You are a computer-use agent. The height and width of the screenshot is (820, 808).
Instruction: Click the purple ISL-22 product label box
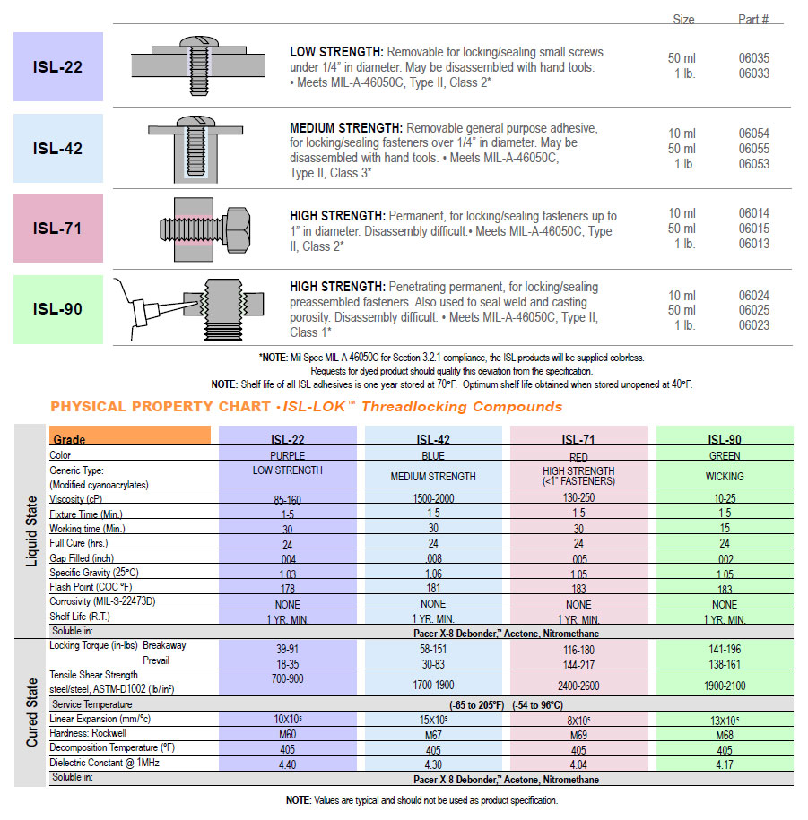tap(58, 66)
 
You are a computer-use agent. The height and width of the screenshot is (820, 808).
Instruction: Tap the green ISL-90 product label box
tap(58, 309)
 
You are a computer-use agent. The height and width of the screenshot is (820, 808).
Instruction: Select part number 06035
tap(753, 58)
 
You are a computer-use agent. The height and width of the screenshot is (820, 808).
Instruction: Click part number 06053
tap(753, 164)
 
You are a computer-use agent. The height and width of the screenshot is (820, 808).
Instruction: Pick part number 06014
tap(753, 213)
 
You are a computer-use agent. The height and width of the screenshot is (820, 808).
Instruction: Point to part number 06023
tap(753, 325)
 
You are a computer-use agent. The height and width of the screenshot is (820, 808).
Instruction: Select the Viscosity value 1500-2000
tap(433, 499)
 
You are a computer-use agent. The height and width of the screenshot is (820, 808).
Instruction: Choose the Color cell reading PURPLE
tap(287, 455)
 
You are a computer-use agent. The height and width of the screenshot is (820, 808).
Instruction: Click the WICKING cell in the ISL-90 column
tap(725, 476)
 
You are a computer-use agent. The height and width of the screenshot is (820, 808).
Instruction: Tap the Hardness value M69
tap(578, 735)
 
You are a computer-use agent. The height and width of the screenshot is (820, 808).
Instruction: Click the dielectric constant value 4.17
tap(725, 764)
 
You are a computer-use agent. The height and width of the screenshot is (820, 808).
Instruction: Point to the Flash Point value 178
tap(287, 588)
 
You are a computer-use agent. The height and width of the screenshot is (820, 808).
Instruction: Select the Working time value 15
tap(725, 529)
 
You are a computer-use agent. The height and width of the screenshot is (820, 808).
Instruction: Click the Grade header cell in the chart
tap(131, 438)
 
